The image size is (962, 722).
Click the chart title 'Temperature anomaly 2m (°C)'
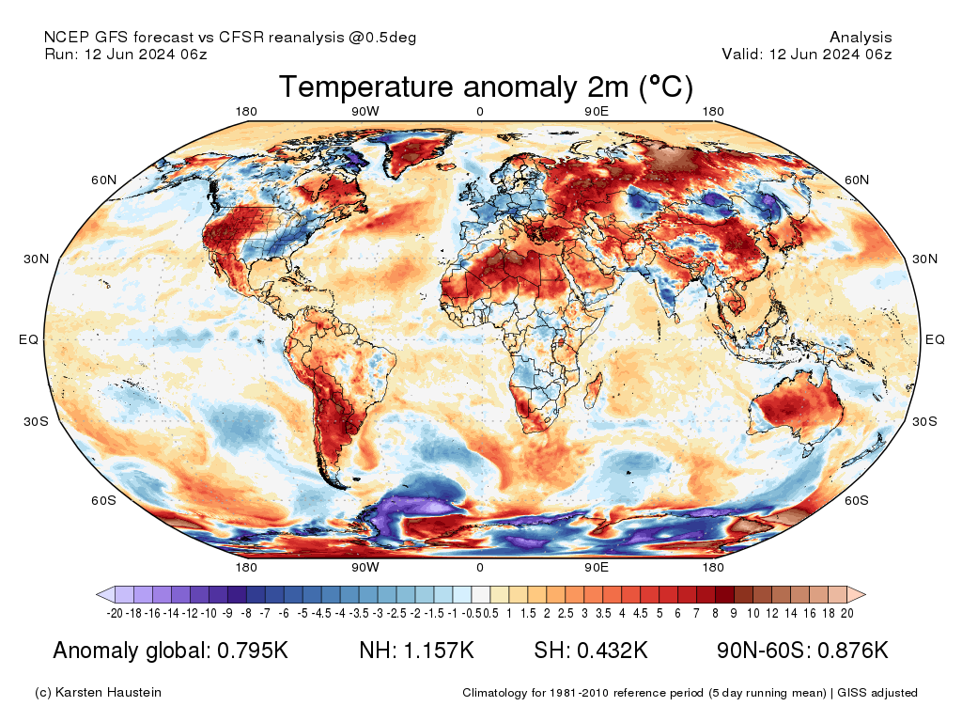pos(486,87)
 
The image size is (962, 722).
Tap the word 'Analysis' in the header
pos(861,38)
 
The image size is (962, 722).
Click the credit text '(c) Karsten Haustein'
pos(98,693)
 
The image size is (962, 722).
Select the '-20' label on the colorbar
pos(116,614)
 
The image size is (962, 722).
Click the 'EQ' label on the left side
pos(28,339)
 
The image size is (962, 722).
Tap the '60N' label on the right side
pos(857,180)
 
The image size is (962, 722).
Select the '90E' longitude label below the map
pos(597,568)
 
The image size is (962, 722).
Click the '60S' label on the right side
pos(857,500)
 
